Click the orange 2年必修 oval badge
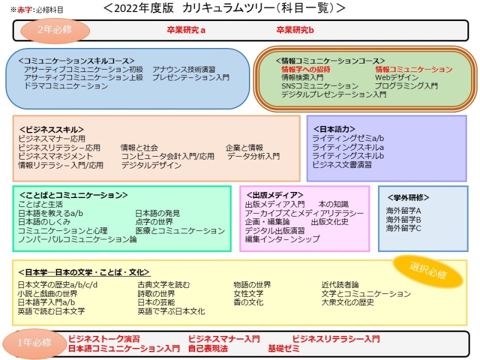point(55,31)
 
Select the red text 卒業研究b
point(295,30)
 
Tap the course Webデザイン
point(397,77)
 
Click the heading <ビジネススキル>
point(52,130)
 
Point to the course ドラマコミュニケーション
point(66,86)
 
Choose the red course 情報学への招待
point(306,70)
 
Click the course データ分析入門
point(253,157)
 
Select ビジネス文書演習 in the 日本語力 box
point(342,164)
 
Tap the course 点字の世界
point(154,221)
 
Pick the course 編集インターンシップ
point(282,239)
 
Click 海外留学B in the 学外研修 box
point(403,220)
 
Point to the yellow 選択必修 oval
point(428,271)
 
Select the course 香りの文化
point(248,302)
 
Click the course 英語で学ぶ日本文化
point(171,311)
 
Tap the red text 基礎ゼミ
point(283,349)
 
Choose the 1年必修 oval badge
point(35,343)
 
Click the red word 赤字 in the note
point(25,10)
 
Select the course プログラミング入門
point(407,86)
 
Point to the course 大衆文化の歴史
point(348,302)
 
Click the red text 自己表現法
point(208,349)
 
